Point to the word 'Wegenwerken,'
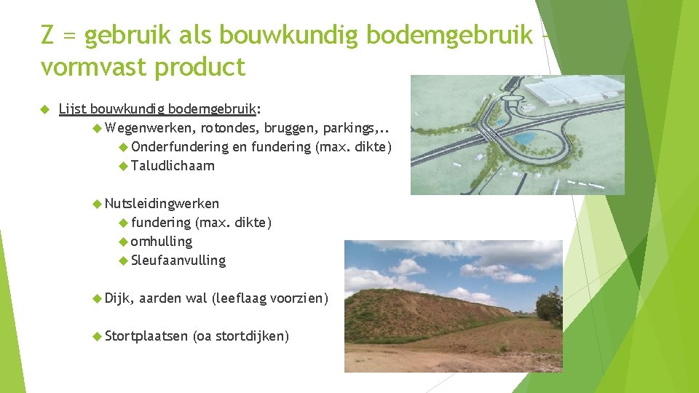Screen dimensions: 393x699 pyautogui.click(x=151, y=129)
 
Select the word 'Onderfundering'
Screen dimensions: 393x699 pyautogui.click(x=180, y=148)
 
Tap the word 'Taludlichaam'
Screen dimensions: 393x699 pyautogui.click(x=173, y=166)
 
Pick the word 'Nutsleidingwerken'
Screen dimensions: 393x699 pyautogui.click(x=162, y=204)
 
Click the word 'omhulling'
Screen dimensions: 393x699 pyautogui.click(x=161, y=241)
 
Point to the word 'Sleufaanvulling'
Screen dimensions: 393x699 pyautogui.click(x=178, y=260)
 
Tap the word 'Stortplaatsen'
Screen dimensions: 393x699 pyautogui.click(x=146, y=336)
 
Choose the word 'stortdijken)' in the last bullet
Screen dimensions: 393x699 pyautogui.click(x=252, y=336)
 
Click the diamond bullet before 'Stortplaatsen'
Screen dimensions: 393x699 pyautogui.click(x=98, y=336)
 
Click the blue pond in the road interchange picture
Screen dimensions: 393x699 pyautogui.click(x=523, y=138)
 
